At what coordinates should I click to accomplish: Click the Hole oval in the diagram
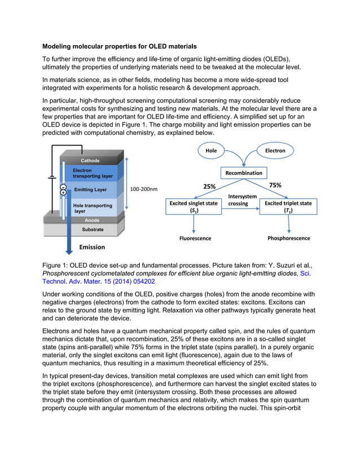point(211,151)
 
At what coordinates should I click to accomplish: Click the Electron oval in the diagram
point(275,151)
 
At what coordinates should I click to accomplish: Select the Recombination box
point(244,173)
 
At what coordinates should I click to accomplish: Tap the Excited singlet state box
point(194,206)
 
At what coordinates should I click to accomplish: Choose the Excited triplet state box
point(288,206)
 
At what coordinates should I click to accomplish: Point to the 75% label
point(275,184)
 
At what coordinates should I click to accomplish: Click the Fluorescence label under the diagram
point(194,239)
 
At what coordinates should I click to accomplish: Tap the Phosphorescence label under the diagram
point(288,239)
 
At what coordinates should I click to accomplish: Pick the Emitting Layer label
point(90,190)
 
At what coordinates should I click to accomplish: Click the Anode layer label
point(90,221)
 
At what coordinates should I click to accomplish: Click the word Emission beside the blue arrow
point(91,247)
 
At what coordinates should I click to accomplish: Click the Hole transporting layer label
point(93,208)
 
